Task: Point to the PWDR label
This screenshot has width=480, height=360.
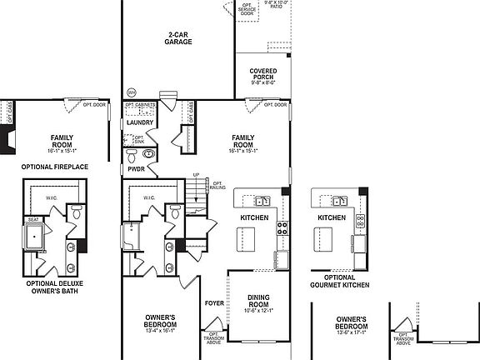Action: tap(137, 169)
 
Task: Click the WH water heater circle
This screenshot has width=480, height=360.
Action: tap(131, 92)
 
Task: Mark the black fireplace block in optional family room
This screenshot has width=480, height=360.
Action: tap(10, 144)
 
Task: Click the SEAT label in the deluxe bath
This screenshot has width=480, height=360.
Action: tap(34, 220)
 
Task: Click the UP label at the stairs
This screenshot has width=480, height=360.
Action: tap(196, 174)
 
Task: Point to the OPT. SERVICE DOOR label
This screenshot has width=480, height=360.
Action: tap(247, 9)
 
